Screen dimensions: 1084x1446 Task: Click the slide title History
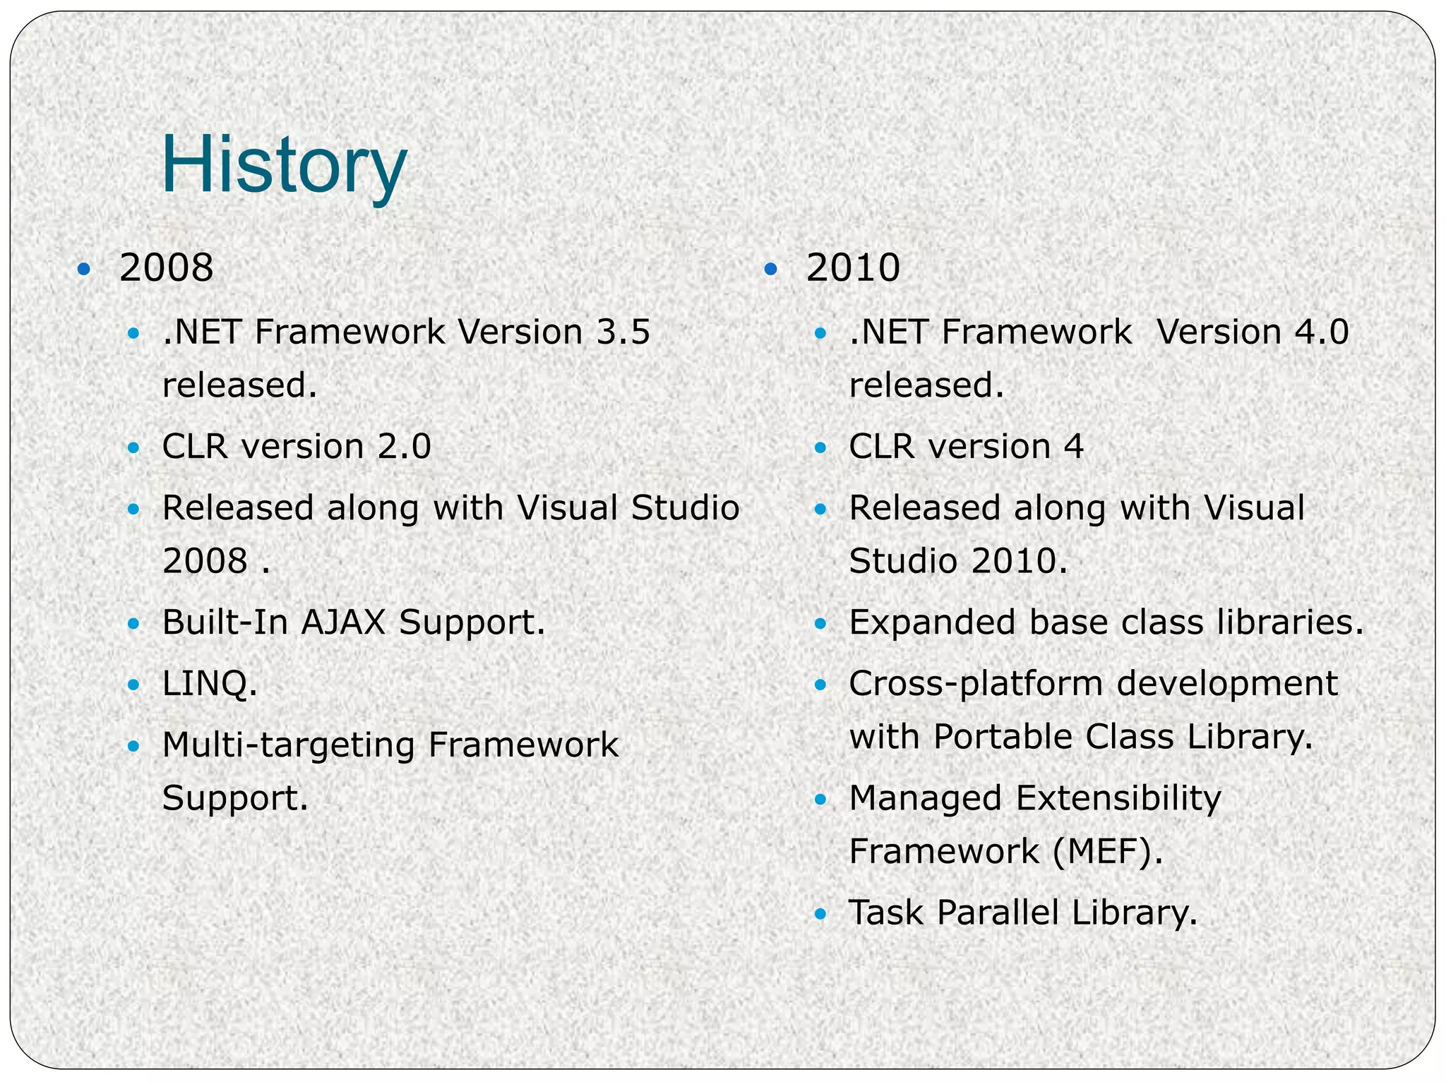(x=284, y=167)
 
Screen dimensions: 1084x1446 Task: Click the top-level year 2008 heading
(x=166, y=268)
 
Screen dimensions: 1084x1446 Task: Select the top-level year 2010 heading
(x=853, y=268)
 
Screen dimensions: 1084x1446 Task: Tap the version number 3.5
(x=623, y=332)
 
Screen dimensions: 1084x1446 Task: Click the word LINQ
(x=209, y=683)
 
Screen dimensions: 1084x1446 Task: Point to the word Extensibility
(x=1118, y=798)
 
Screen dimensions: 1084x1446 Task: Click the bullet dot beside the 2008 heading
(x=84, y=269)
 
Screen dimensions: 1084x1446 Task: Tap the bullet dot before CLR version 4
(x=820, y=447)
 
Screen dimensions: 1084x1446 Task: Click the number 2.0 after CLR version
(x=405, y=447)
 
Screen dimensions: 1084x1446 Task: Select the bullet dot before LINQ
(x=133, y=685)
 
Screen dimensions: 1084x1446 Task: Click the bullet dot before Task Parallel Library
(x=820, y=914)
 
